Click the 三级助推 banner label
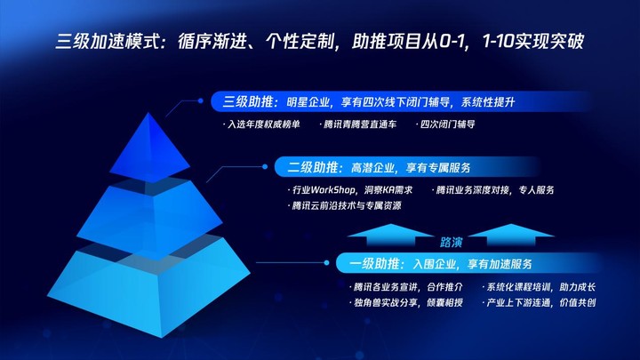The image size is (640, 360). [248, 101]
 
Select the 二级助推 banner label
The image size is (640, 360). [313, 167]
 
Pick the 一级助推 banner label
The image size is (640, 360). [374, 264]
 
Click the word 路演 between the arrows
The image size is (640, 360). [451, 243]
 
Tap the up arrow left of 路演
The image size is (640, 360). [390, 235]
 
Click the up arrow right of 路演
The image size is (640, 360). [511, 235]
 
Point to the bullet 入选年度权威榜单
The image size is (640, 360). [261, 124]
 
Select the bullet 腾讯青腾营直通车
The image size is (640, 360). [358, 124]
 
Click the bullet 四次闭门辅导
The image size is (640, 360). [445, 124]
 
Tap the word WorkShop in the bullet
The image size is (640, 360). [332, 190]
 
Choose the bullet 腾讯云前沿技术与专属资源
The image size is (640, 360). [345, 205]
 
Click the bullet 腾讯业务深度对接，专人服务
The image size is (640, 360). [493, 190]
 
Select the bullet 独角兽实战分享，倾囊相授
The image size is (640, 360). [406, 303]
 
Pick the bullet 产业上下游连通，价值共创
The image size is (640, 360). [540, 303]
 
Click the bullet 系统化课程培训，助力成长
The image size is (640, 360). [540, 287]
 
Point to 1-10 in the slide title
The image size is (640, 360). [498, 42]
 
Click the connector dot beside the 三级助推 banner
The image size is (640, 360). [200, 100]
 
